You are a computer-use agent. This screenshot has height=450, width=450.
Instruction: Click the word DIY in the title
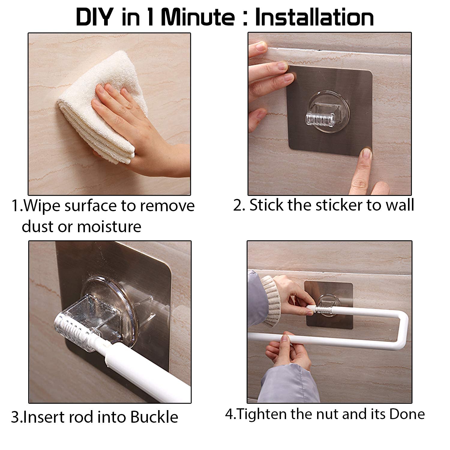click(94, 17)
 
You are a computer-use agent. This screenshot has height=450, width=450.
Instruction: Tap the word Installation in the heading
click(314, 17)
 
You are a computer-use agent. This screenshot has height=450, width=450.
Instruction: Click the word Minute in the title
click(198, 17)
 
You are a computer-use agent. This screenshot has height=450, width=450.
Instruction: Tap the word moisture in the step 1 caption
click(109, 226)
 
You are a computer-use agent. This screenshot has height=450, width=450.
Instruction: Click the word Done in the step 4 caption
click(407, 414)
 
